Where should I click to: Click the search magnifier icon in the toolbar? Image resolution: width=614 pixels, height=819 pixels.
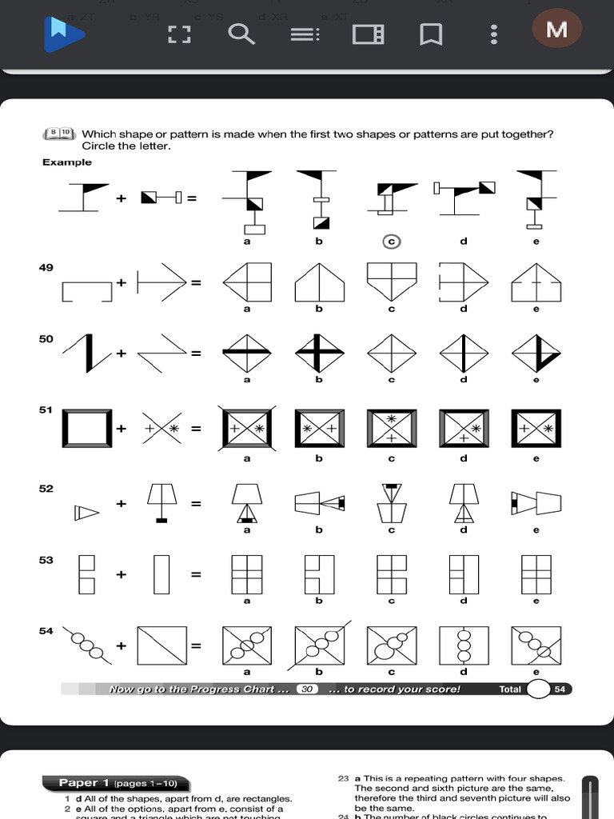241,34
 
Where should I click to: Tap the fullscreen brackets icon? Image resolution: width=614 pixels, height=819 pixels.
178,34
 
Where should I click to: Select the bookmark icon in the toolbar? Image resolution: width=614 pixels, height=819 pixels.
430,34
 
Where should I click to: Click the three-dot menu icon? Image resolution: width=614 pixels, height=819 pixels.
494,34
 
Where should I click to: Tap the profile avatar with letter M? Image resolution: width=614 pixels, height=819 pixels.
556,30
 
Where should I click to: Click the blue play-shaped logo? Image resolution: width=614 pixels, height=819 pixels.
64,34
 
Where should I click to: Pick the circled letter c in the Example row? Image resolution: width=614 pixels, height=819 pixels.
391,241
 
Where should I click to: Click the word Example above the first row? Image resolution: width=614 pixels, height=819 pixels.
67,162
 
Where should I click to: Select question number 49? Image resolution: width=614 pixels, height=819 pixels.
46,267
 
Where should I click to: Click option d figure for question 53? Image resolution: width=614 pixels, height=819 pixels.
464,573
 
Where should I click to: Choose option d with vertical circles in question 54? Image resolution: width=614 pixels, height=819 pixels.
464,645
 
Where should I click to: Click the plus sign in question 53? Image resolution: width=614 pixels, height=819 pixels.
121,574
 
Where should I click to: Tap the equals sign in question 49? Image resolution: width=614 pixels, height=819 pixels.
195,282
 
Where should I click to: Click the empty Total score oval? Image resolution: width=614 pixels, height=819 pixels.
538,689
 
